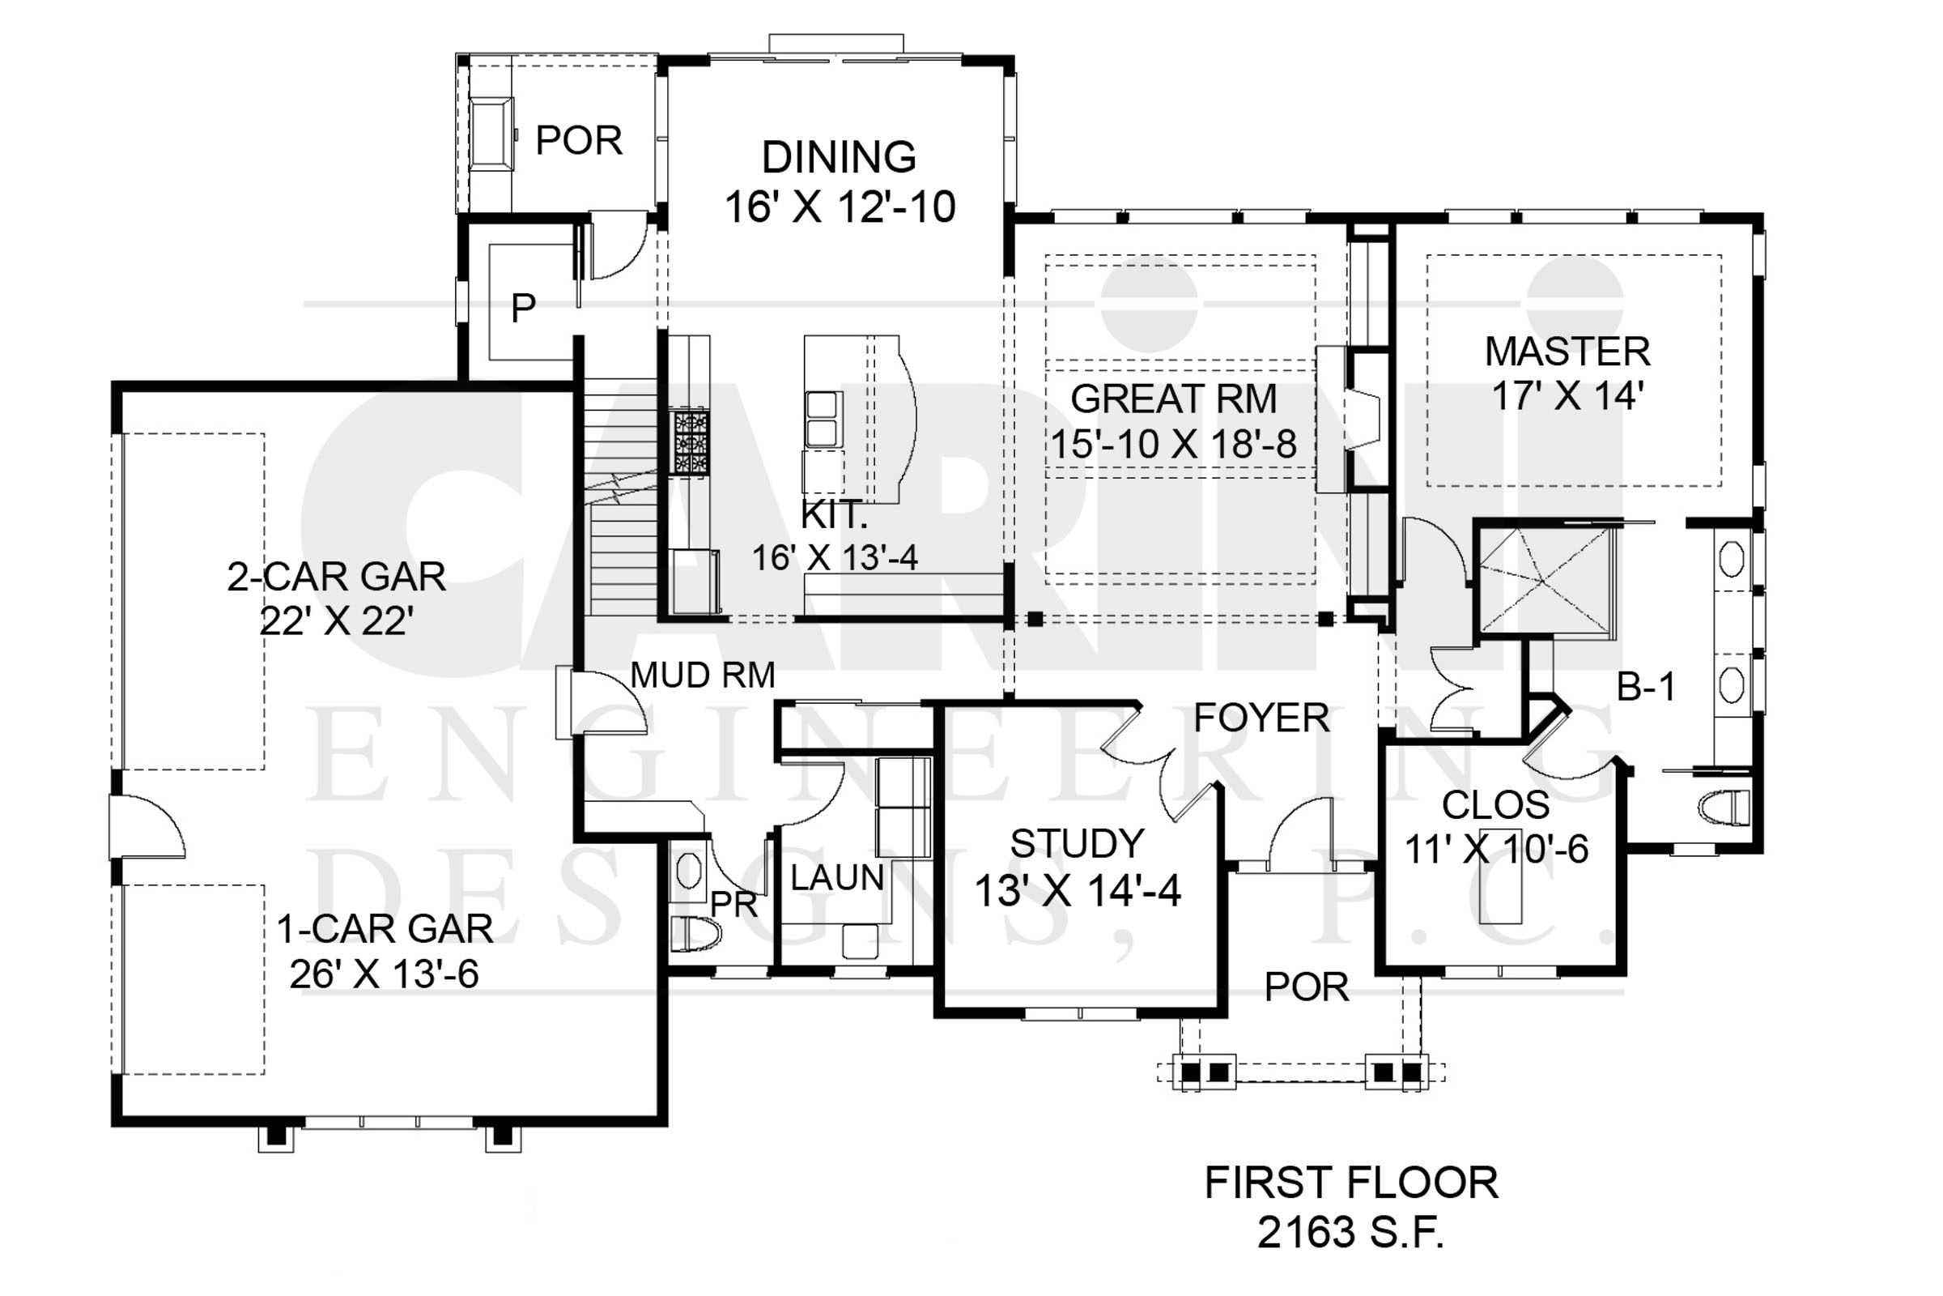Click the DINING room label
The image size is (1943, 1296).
point(839,157)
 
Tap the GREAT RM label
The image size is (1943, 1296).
point(1173,399)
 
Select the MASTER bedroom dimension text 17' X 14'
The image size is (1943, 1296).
point(1567,396)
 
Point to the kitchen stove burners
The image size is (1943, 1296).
point(689,442)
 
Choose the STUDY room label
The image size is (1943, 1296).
point(1077,844)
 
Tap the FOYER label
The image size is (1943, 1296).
point(1261,718)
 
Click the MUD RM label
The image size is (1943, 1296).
point(702,676)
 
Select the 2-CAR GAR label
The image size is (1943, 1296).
point(336,577)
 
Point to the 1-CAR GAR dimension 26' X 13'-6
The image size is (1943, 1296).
point(384,974)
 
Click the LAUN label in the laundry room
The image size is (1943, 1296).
point(837,878)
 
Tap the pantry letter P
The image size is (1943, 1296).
point(523,309)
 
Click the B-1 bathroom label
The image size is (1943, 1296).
point(1646,687)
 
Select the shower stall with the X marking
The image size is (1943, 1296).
point(1543,581)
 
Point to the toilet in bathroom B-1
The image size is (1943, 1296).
point(1724,808)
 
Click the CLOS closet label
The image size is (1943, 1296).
point(1495,804)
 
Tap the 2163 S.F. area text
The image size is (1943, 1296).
point(1350,1232)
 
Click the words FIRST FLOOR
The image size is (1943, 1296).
point(1350,1183)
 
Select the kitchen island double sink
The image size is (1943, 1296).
point(824,419)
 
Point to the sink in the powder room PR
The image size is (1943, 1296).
point(688,872)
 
